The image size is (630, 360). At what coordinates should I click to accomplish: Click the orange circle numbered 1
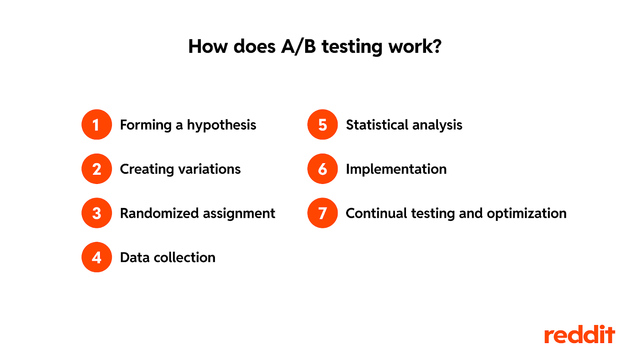tap(97, 124)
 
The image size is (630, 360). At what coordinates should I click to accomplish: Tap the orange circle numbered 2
tap(97, 169)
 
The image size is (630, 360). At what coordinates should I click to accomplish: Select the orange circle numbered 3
tap(97, 213)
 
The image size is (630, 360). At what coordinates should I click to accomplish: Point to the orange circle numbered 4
tap(97, 257)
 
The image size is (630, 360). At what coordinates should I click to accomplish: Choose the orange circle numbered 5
tap(322, 124)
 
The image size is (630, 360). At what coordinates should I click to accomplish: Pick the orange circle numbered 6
tap(322, 169)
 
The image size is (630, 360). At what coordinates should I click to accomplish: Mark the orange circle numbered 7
tap(322, 213)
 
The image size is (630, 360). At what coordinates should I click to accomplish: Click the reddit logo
tap(580, 334)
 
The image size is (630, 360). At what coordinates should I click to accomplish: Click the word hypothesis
tap(222, 125)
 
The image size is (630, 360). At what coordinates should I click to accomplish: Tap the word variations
tap(209, 169)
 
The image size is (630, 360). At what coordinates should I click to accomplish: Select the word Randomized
tap(159, 213)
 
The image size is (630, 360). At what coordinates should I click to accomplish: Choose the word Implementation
tap(396, 170)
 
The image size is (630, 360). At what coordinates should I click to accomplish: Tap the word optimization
tap(527, 214)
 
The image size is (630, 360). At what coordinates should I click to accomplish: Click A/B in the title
tap(298, 46)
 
